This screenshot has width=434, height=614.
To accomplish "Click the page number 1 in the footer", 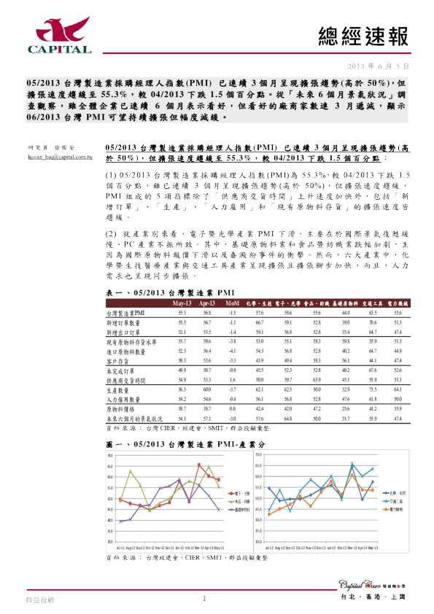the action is click(205, 599).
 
